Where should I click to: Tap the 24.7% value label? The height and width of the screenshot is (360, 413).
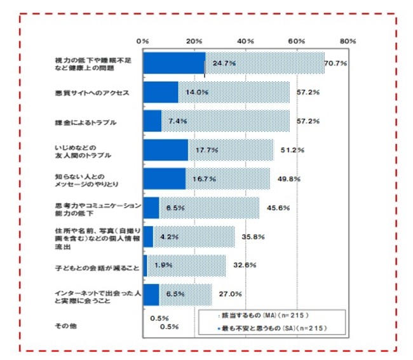point(224,63)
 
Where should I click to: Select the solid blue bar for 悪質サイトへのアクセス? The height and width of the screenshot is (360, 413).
point(161,92)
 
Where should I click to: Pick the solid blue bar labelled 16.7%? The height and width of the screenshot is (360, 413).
point(165,178)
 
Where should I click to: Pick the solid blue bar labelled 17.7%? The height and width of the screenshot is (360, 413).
point(166,150)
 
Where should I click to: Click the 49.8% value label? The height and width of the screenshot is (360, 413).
point(288,178)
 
